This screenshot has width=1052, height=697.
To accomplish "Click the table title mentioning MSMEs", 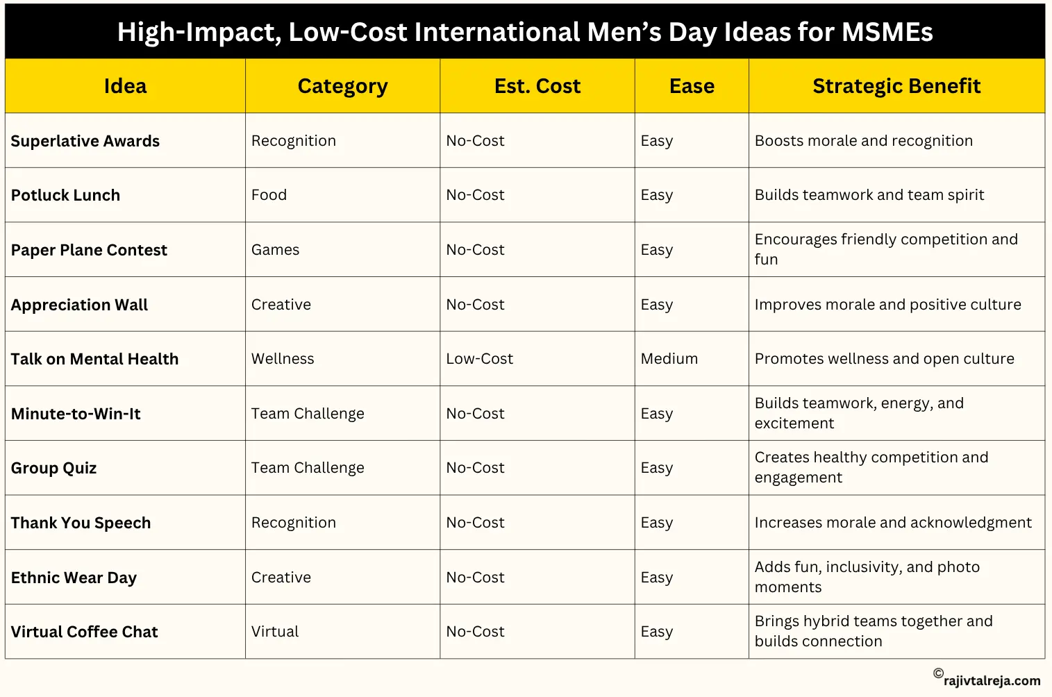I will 525,32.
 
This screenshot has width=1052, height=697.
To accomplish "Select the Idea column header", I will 125,86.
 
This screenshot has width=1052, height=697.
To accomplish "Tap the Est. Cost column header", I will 537,86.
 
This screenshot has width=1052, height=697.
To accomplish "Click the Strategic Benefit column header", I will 896,86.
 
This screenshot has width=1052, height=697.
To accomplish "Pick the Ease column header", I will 692,86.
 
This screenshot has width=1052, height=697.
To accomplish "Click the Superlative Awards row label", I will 85,141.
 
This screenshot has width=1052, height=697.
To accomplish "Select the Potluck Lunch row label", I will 66,195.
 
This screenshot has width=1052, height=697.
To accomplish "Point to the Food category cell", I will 269,195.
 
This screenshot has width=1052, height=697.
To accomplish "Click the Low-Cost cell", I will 479,359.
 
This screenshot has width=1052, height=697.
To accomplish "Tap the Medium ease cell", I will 669,359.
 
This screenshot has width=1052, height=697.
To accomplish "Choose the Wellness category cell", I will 283,359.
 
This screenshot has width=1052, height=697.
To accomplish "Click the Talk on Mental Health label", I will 95,359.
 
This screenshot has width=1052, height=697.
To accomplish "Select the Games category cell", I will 275,250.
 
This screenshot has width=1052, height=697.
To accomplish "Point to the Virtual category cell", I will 275,632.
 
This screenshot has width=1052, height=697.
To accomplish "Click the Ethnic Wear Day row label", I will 74,578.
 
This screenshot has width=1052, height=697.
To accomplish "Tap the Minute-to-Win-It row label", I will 76,414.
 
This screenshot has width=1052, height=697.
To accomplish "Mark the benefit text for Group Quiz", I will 871,467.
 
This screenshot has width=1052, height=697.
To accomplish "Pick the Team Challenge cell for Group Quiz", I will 308,468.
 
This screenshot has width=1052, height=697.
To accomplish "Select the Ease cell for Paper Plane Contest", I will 656,250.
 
